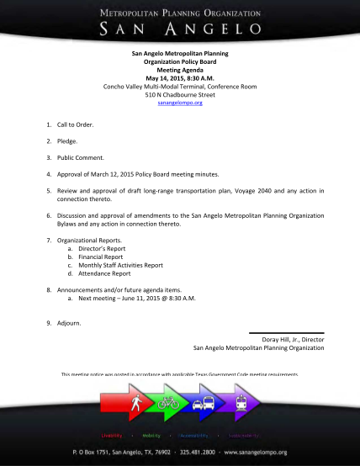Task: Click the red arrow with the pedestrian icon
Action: (x=132, y=402)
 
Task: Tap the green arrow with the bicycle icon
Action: (x=168, y=402)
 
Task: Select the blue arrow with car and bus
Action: (x=204, y=402)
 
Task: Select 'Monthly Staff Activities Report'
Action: (x=120, y=265)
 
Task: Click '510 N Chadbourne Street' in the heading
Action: (x=180, y=93)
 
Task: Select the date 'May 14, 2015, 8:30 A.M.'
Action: (x=180, y=77)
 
